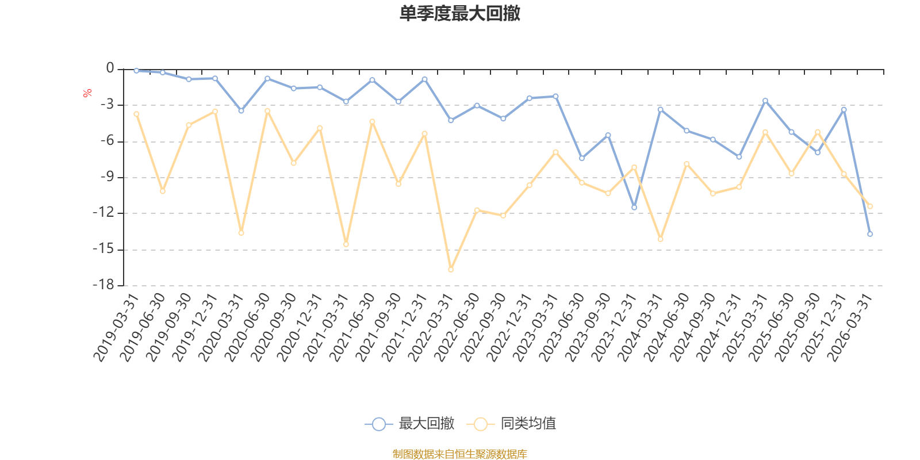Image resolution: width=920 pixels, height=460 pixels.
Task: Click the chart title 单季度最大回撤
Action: pos(459,14)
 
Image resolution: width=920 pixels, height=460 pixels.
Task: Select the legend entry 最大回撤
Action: pos(409,424)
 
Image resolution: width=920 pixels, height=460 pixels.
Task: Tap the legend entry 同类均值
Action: pos(512,424)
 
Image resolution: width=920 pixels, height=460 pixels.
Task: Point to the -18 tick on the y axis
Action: pos(103,285)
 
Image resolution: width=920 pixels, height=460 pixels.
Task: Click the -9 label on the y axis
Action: pos(106,177)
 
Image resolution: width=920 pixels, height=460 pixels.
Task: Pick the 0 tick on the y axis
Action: pos(110,69)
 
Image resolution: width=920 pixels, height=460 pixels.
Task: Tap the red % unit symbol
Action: pos(87,93)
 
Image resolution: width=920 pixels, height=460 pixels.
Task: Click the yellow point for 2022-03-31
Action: pos(451,270)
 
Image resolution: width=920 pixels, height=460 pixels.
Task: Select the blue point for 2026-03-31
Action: pos(870,234)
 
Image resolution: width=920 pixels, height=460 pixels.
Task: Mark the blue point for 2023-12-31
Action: pos(634,208)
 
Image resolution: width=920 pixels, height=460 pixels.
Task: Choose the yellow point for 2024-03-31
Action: pos(661,239)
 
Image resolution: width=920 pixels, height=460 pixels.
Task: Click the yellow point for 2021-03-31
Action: pos(346,244)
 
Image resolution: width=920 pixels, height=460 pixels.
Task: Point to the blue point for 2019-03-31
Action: pos(136,71)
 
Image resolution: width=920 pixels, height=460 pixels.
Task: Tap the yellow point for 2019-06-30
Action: pos(163,191)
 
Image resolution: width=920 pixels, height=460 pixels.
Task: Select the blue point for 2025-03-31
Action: pos(765,101)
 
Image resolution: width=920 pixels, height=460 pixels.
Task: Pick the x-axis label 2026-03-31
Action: pos(849,328)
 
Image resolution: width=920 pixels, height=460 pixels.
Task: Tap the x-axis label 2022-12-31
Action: pos(509,328)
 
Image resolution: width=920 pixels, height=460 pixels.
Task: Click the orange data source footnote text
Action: pos(459,454)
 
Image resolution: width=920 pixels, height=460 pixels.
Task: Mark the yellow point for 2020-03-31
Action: pos(241,233)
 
